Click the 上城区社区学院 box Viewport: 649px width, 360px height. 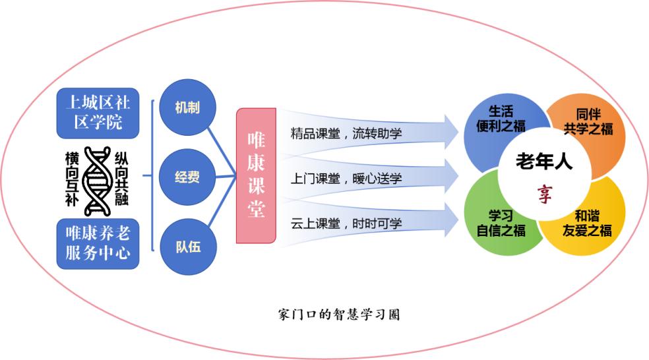pos(98,113)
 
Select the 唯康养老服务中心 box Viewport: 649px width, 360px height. pos(98,244)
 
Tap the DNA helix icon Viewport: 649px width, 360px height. pos(98,179)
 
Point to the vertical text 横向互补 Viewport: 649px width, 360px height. pos(72,179)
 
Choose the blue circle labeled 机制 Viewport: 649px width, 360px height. pos(187,108)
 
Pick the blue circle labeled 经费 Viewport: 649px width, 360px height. pos(187,177)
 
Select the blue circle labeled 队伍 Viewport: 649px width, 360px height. pos(187,247)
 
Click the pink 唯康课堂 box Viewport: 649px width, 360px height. pos(256,176)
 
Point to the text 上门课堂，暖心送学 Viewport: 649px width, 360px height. pos(346,178)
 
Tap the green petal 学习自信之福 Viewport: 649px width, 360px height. pos(503,223)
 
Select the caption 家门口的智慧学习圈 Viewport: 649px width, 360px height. pos(339,315)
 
